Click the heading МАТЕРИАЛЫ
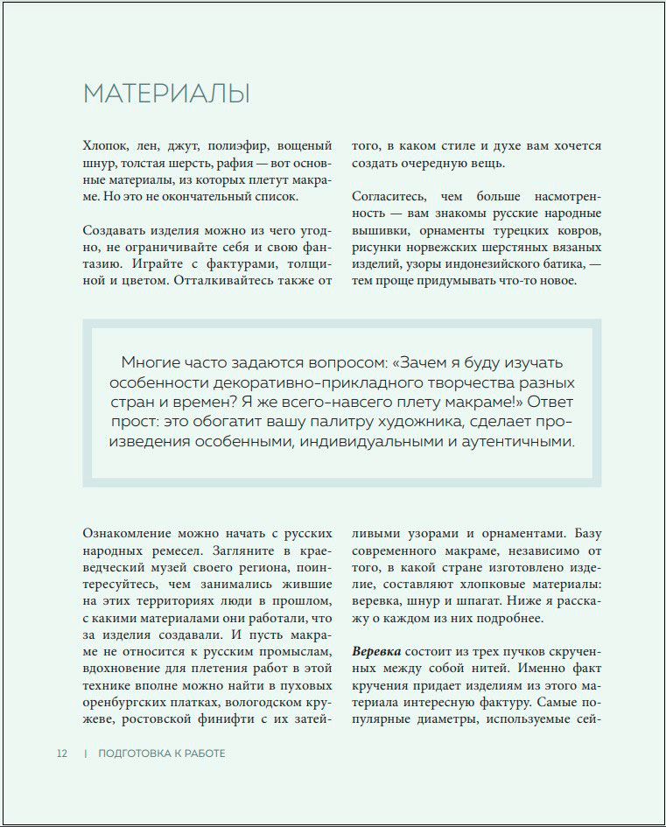pos(166,94)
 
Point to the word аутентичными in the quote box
pos(520,443)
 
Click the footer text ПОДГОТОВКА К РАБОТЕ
pos(162,753)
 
